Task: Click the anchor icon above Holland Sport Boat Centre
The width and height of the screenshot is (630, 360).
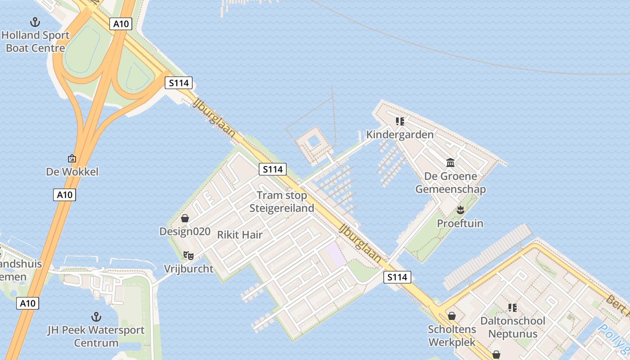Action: click(35, 22)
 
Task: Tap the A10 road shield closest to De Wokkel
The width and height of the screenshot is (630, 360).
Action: click(64, 195)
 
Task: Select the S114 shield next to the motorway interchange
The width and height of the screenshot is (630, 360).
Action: click(179, 83)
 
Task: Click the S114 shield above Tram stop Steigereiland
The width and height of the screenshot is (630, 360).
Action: click(273, 169)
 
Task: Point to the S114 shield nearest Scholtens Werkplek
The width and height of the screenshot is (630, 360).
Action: click(397, 277)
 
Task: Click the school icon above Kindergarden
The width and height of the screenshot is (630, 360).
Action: click(400, 121)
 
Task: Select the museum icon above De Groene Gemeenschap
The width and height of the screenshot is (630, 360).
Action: click(450, 162)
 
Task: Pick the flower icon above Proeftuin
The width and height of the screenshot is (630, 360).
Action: click(460, 210)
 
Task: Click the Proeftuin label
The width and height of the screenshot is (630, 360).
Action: click(460, 223)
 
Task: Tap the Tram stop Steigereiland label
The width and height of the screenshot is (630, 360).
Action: click(282, 202)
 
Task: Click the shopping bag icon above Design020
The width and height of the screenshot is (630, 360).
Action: click(184, 219)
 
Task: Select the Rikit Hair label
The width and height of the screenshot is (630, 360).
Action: click(240, 234)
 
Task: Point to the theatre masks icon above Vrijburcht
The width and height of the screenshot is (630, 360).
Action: click(189, 256)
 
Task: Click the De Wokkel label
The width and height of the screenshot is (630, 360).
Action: click(72, 171)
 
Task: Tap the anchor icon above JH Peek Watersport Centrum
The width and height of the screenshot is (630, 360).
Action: click(96, 316)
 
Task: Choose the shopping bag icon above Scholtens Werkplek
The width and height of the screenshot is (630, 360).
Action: click(451, 316)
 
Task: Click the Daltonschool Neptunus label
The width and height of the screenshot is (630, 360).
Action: click(513, 327)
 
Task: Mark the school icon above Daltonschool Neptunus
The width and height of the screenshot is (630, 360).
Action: click(512, 308)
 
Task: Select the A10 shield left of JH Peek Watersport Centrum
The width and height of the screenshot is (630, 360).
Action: click(27, 303)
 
